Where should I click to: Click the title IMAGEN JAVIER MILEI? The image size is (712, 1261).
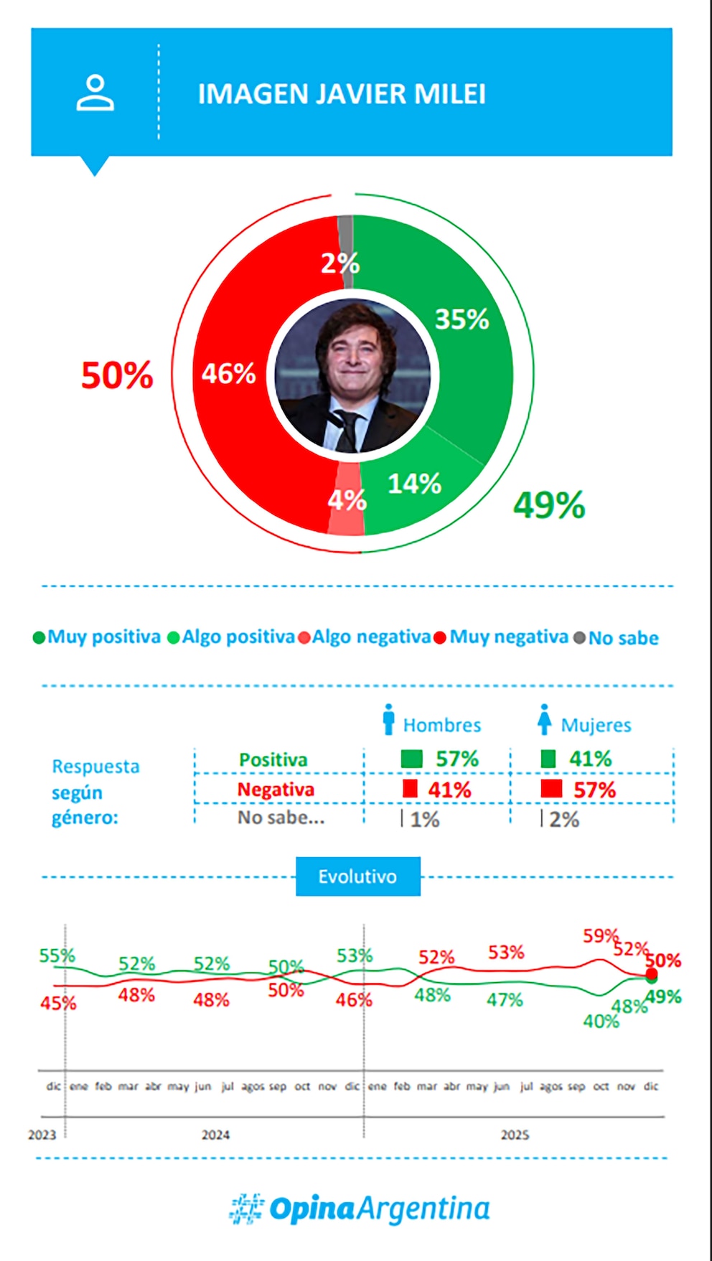[x=342, y=94]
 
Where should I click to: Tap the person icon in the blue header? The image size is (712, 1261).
[x=95, y=93]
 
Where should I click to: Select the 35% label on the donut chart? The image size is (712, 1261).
[x=462, y=319]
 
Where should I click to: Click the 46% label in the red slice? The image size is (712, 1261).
[x=228, y=374]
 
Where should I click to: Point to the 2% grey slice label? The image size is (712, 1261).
[x=339, y=263]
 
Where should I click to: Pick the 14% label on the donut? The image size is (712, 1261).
[x=414, y=484]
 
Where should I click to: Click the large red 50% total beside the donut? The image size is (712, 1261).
[x=117, y=375]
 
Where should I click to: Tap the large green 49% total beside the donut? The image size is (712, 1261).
[x=549, y=505]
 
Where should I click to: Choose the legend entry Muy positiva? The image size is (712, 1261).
[x=98, y=637]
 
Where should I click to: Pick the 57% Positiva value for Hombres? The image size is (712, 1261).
[x=457, y=759]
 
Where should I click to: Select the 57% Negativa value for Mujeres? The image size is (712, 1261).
[x=594, y=790]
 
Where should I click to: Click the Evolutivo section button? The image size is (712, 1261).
[x=357, y=876]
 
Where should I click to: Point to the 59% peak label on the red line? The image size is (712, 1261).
[x=600, y=936]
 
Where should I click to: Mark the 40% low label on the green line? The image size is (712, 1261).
[x=601, y=1021]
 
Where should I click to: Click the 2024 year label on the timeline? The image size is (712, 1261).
[x=215, y=1135]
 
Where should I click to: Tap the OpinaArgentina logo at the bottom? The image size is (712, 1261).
[x=360, y=1209]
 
